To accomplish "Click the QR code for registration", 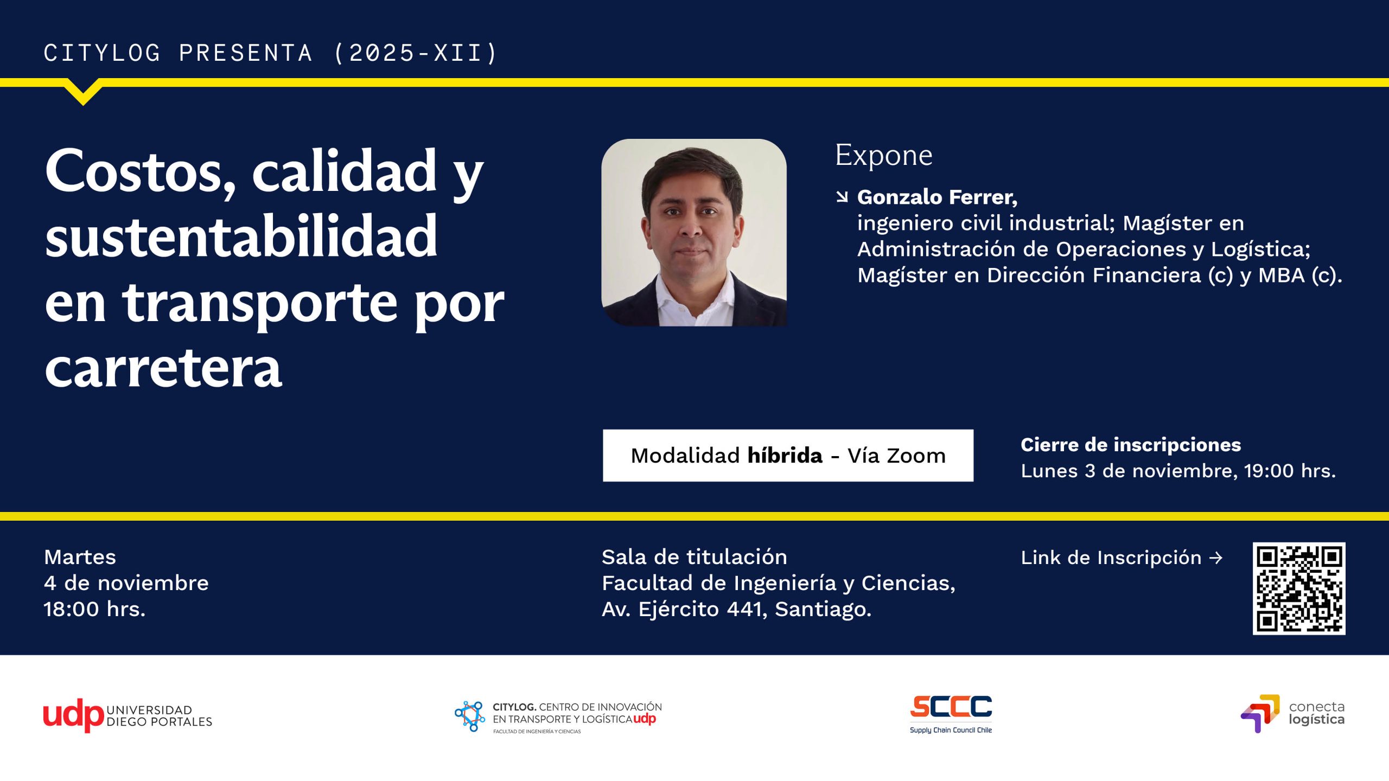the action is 1298,588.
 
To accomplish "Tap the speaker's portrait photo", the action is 694,233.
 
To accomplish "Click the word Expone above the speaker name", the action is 884,155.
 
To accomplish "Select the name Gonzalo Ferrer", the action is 937,197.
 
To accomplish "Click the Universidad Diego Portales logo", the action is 128,715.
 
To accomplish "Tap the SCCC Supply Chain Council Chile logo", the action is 951,714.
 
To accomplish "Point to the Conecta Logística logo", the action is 1292,713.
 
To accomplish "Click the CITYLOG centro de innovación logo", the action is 558,716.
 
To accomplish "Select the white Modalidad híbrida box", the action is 788,456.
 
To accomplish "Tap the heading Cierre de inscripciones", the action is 1131,445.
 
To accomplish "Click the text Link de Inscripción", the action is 1111,558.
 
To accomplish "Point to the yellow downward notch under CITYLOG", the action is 83,93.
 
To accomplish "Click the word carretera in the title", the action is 163,369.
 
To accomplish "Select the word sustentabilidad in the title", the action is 241,236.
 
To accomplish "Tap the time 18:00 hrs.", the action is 94,609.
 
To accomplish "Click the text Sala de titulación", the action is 694,557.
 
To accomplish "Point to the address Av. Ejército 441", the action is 684,609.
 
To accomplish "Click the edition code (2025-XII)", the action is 416,53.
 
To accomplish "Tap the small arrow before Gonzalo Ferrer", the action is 842,196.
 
